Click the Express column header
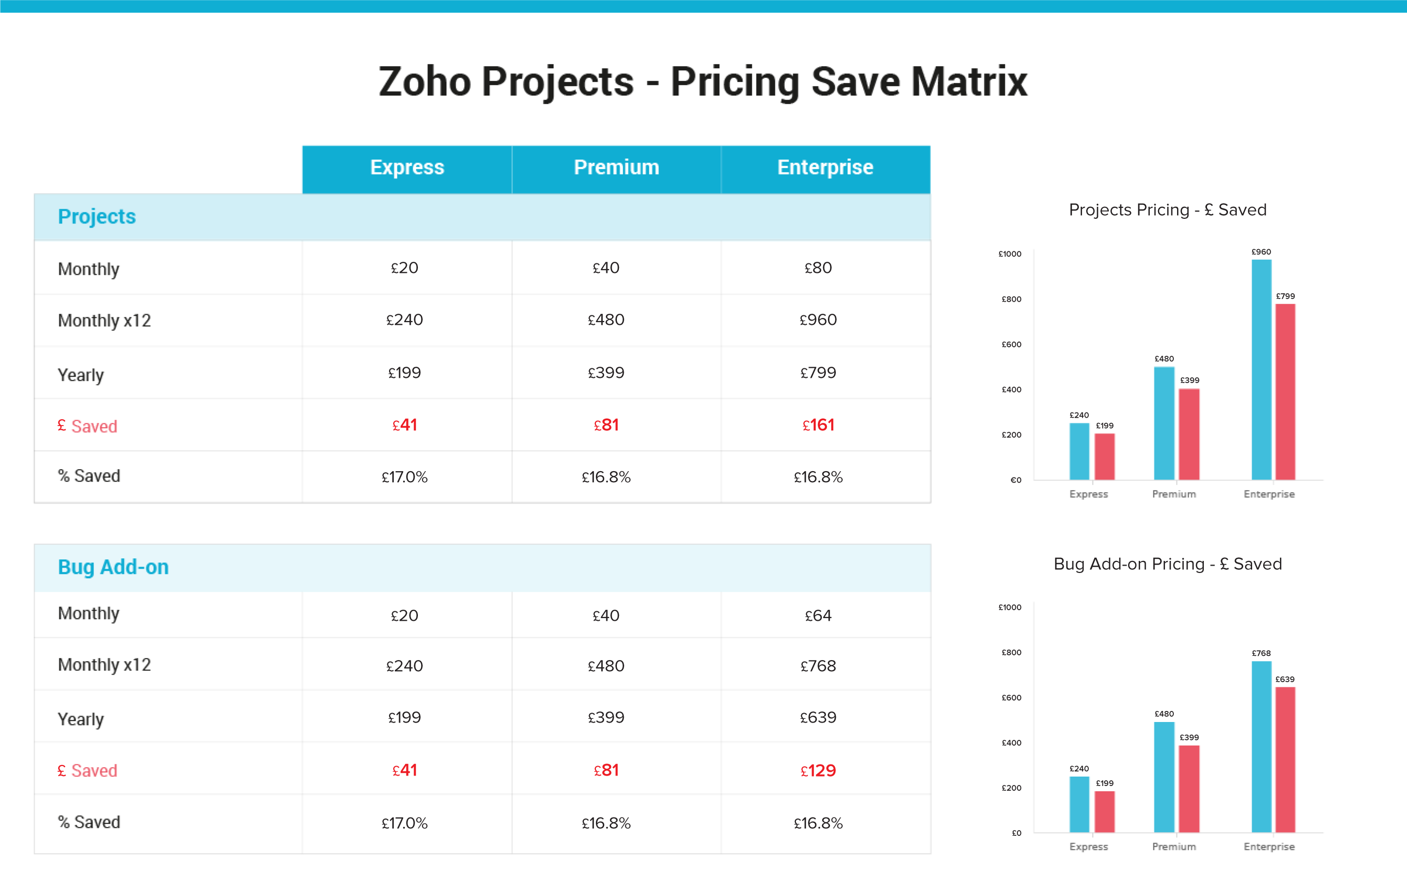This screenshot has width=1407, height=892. [407, 168]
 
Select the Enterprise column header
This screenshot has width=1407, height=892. [825, 168]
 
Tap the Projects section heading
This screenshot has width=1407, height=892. [97, 217]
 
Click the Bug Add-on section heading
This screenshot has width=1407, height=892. [113, 567]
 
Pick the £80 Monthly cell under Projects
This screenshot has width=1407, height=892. [818, 268]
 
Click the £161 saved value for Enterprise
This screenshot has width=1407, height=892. [818, 425]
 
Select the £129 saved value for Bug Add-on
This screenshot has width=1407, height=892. [818, 770]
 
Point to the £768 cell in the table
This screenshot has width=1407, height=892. [818, 666]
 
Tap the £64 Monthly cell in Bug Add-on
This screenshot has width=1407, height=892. [818, 615]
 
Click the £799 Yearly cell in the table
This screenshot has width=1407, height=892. [818, 373]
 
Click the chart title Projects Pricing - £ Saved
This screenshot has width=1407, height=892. [1168, 210]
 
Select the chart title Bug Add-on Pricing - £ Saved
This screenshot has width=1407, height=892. [1168, 564]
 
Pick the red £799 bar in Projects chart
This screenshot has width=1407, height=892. [1286, 391]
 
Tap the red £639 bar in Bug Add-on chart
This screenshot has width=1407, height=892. [1286, 759]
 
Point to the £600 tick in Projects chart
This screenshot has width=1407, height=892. [1012, 345]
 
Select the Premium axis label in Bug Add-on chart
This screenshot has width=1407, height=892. [1174, 846]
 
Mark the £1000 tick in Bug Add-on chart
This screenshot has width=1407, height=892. [1010, 608]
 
